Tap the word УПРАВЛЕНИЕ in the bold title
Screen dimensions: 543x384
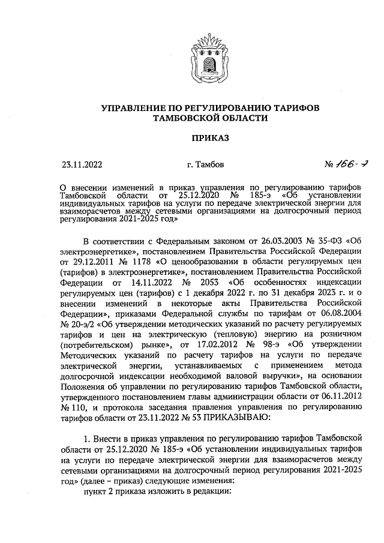click(x=135, y=107)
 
